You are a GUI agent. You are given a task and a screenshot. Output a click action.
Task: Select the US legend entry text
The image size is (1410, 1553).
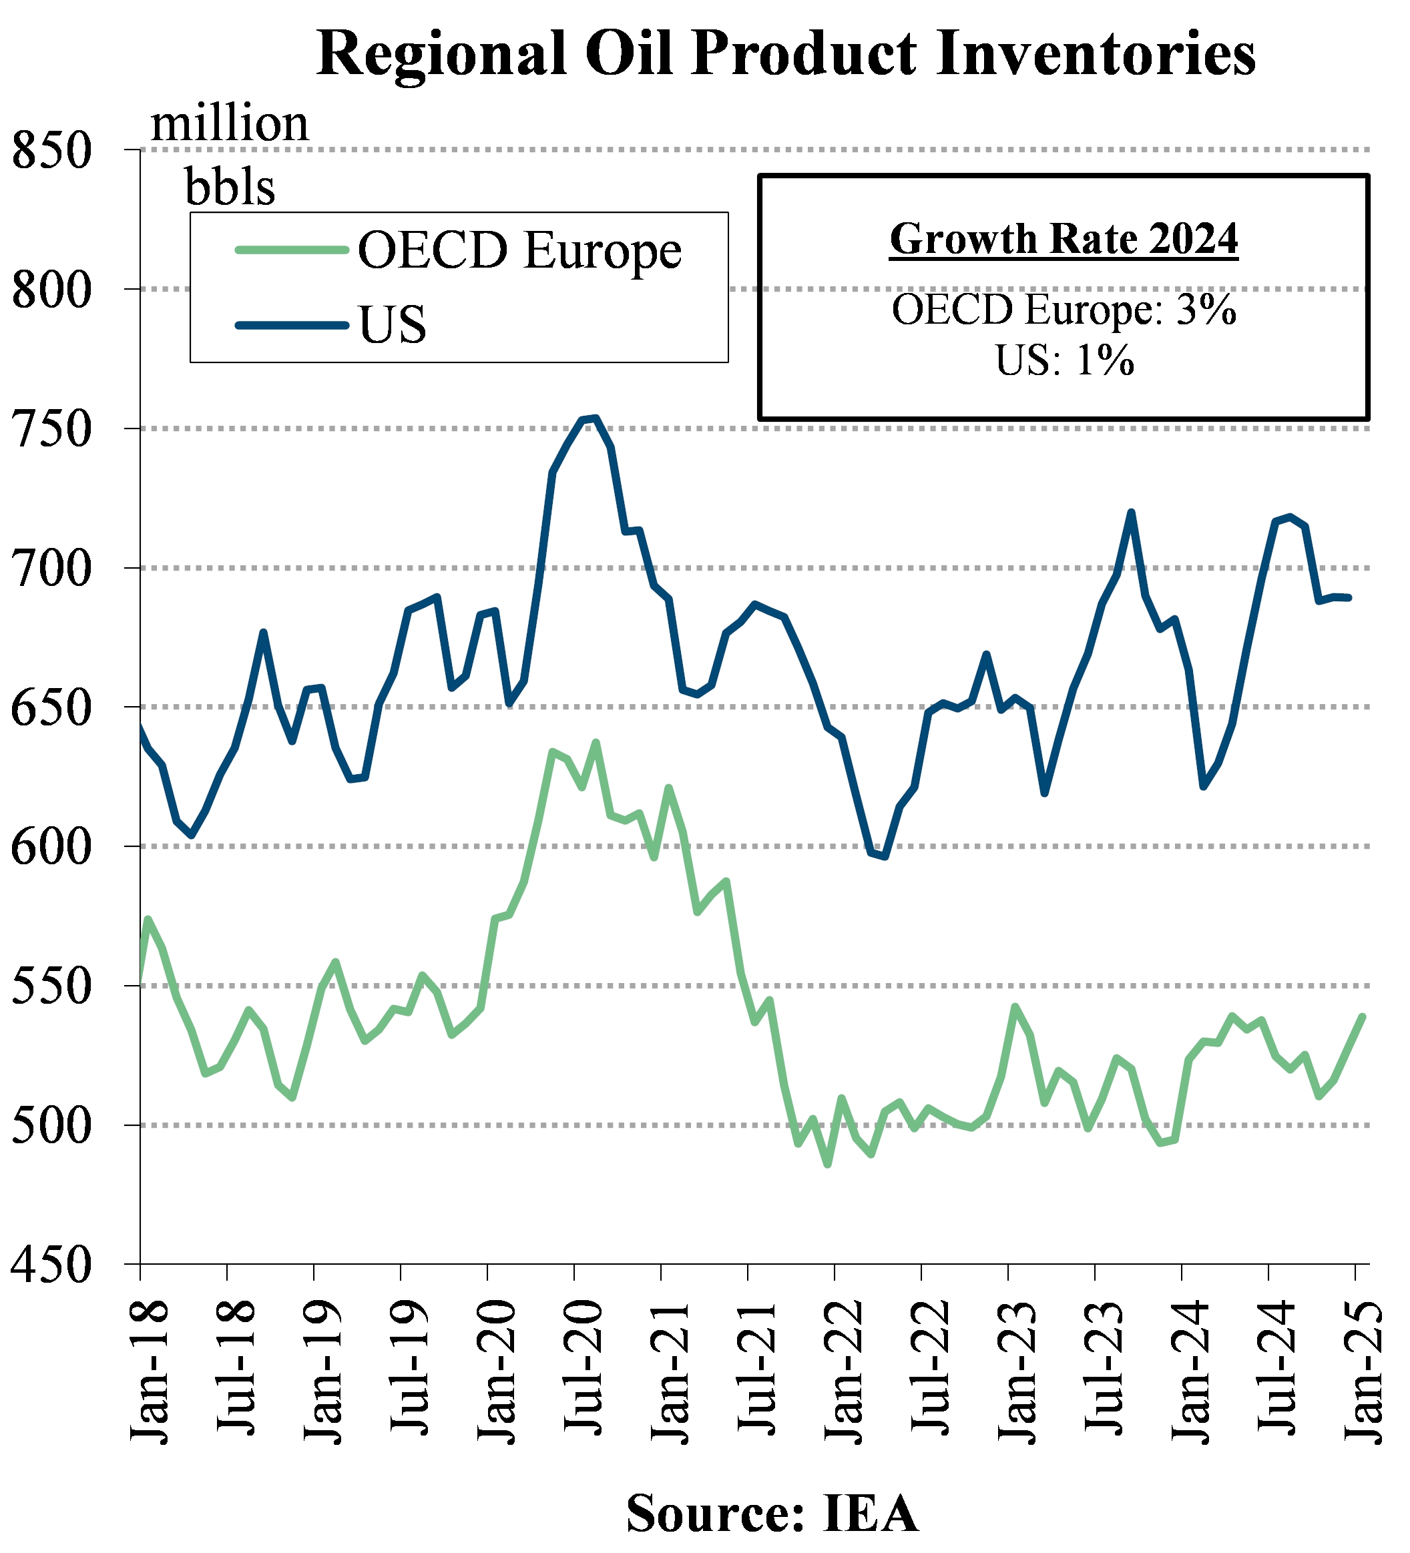pyautogui.click(x=392, y=324)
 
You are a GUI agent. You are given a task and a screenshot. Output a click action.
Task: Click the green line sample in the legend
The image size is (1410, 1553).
pyautogui.click(x=292, y=249)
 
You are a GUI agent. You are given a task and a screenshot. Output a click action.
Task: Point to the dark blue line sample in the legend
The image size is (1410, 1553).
pyautogui.click(x=292, y=325)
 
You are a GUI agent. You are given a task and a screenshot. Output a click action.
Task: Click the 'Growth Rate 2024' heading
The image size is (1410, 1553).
pyautogui.click(x=1064, y=239)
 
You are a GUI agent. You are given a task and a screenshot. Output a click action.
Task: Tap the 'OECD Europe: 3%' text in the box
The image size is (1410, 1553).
pyautogui.click(x=1064, y=310)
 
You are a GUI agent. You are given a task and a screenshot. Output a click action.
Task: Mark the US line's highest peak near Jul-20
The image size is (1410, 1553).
pyautogui.click(x=595, y=418)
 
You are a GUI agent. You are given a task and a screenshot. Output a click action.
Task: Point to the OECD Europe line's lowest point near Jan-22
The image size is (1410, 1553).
pyautogui.click(x=828, y=1165)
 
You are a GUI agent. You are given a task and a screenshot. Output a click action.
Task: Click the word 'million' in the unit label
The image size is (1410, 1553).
pyautogui.click(x=230, y=123)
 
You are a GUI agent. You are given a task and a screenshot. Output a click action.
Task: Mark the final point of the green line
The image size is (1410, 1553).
pyautogui.click(x=1363, y=1017)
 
